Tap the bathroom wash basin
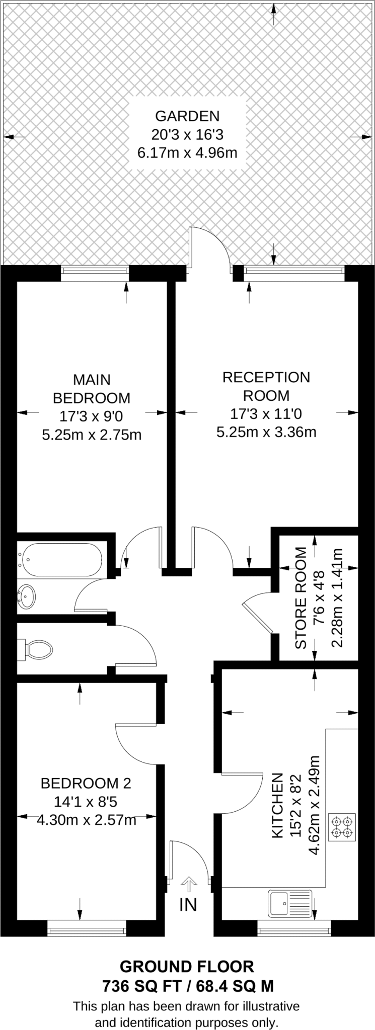pos(27,596)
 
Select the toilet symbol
pos(37,649)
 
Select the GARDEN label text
pos(187,116)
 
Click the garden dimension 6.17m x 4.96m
pos(187,152)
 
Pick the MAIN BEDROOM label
pos(92,388)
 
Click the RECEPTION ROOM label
pos(266,386)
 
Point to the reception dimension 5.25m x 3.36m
pos(266,432)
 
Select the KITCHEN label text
pos(277,813)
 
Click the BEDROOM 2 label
pos(86,783)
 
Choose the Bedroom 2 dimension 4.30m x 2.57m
pos(87,820)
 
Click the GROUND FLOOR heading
pos(187,966)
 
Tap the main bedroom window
pos(95,273)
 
